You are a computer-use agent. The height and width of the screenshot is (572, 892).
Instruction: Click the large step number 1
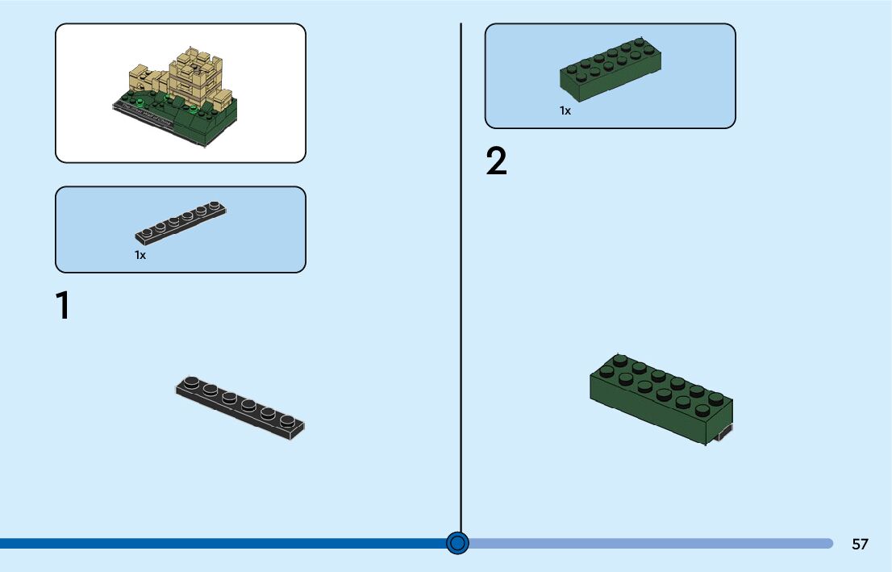pyautogui.click(x=62, y=307)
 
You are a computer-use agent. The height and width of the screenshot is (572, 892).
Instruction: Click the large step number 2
pyautogui.click(x=497, y=162)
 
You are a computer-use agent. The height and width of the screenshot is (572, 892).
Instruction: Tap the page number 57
pyautogui.click(x=860, y=544)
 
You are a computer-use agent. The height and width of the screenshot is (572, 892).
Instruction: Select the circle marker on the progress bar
pyautogui.click(x=457, y=543)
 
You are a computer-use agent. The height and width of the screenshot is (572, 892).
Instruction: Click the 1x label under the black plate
pyautogui.click(x=140, y=255)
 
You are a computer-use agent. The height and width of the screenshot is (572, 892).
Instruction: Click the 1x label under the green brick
pyautogui.click(x=565, y=111)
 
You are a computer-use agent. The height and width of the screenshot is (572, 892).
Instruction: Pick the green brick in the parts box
pyautogui.click(x=611, y=71)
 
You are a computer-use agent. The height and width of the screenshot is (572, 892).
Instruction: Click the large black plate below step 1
pyautogui.click(x=240, y=407)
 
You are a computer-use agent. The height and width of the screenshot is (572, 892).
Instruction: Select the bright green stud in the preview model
pyautogui.click(x=142, y=102)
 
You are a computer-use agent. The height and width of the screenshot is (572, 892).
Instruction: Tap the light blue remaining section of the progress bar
pyautogui.click(x=645, y=544)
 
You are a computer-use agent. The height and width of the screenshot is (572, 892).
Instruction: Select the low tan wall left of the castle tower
pyautogui.click(x=145, y=81)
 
